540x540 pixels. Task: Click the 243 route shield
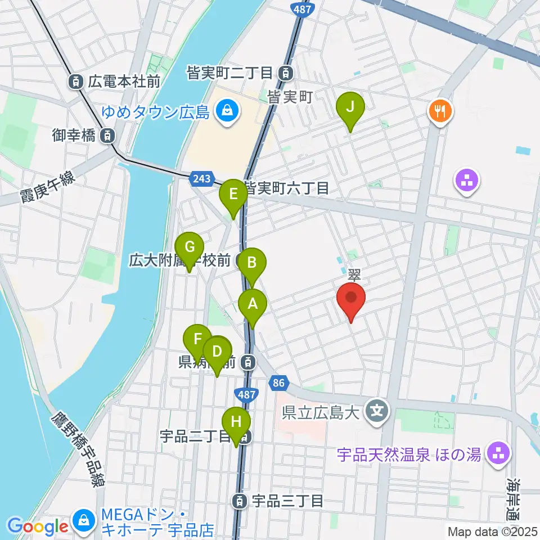[202, 179]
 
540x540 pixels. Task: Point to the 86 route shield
[277, 382]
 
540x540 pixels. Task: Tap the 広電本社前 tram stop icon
[75, 82]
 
